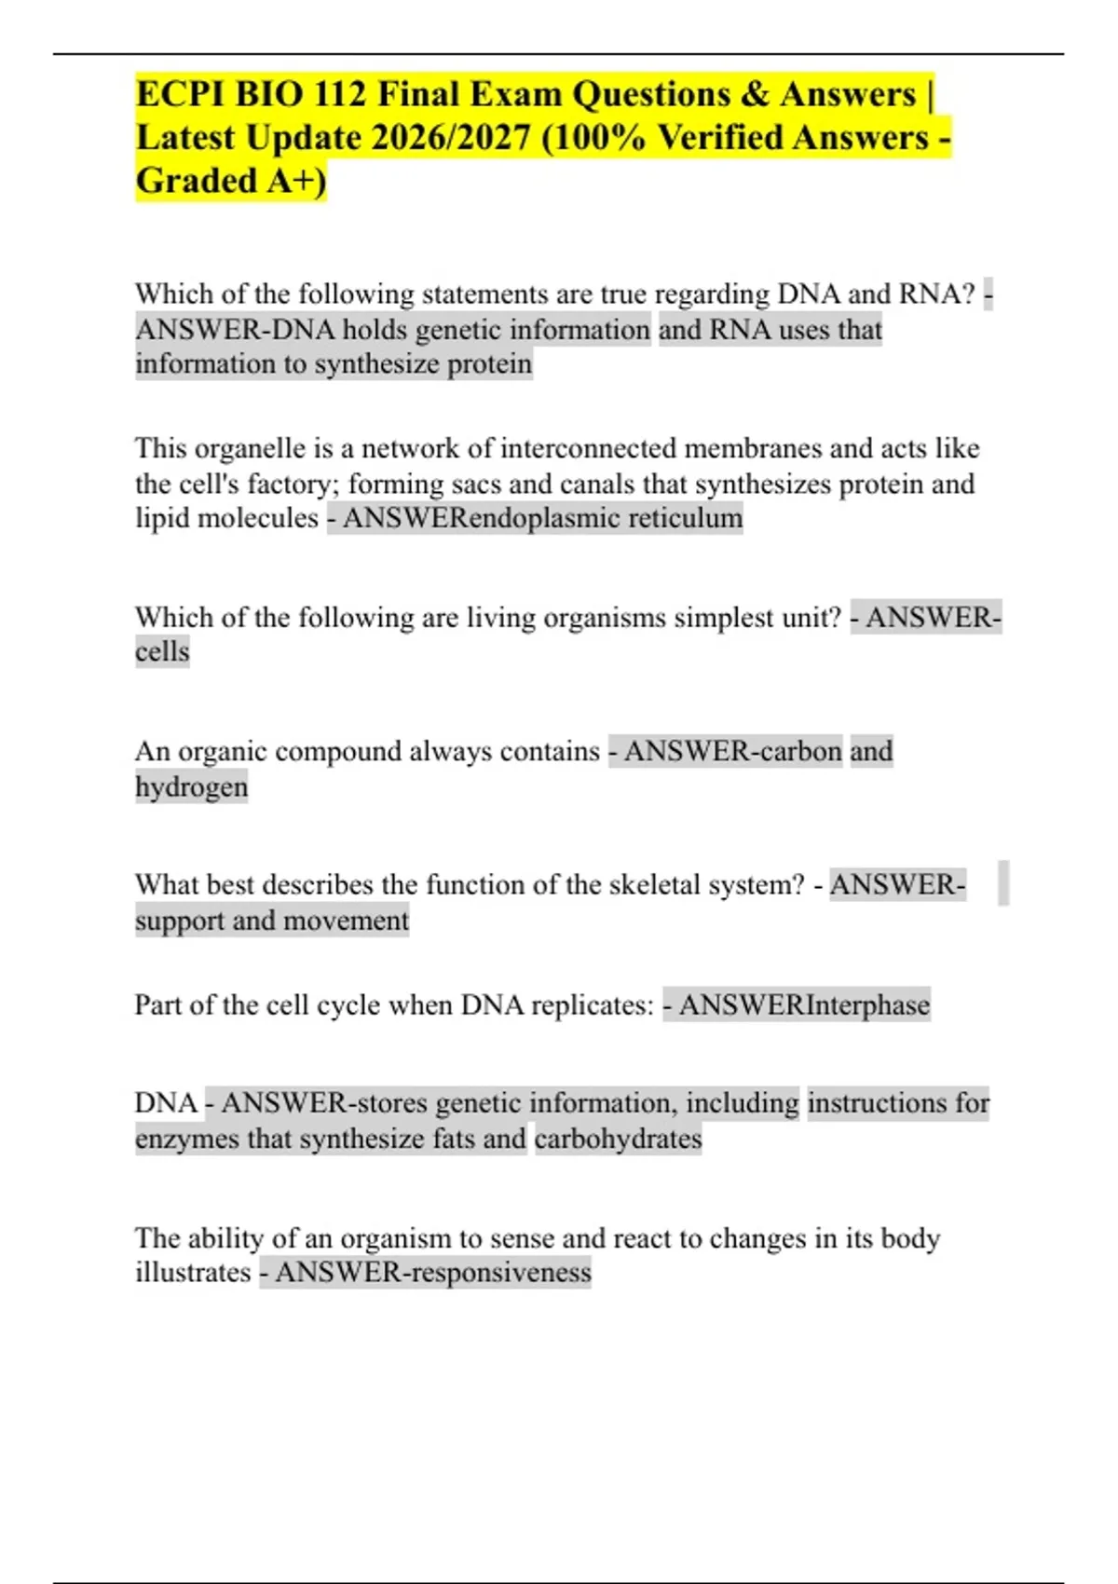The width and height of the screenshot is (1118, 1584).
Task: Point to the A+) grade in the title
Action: (296, 181)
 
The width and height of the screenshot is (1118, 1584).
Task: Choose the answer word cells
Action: (162, 651)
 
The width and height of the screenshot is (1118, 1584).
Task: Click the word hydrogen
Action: (192, 787)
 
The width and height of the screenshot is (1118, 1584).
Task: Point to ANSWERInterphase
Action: (804, 1005)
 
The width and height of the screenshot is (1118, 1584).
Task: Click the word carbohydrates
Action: (618, 1140)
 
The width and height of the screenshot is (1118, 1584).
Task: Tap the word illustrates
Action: (193, 1273)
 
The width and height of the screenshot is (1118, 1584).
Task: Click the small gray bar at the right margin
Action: (1003, 883)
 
